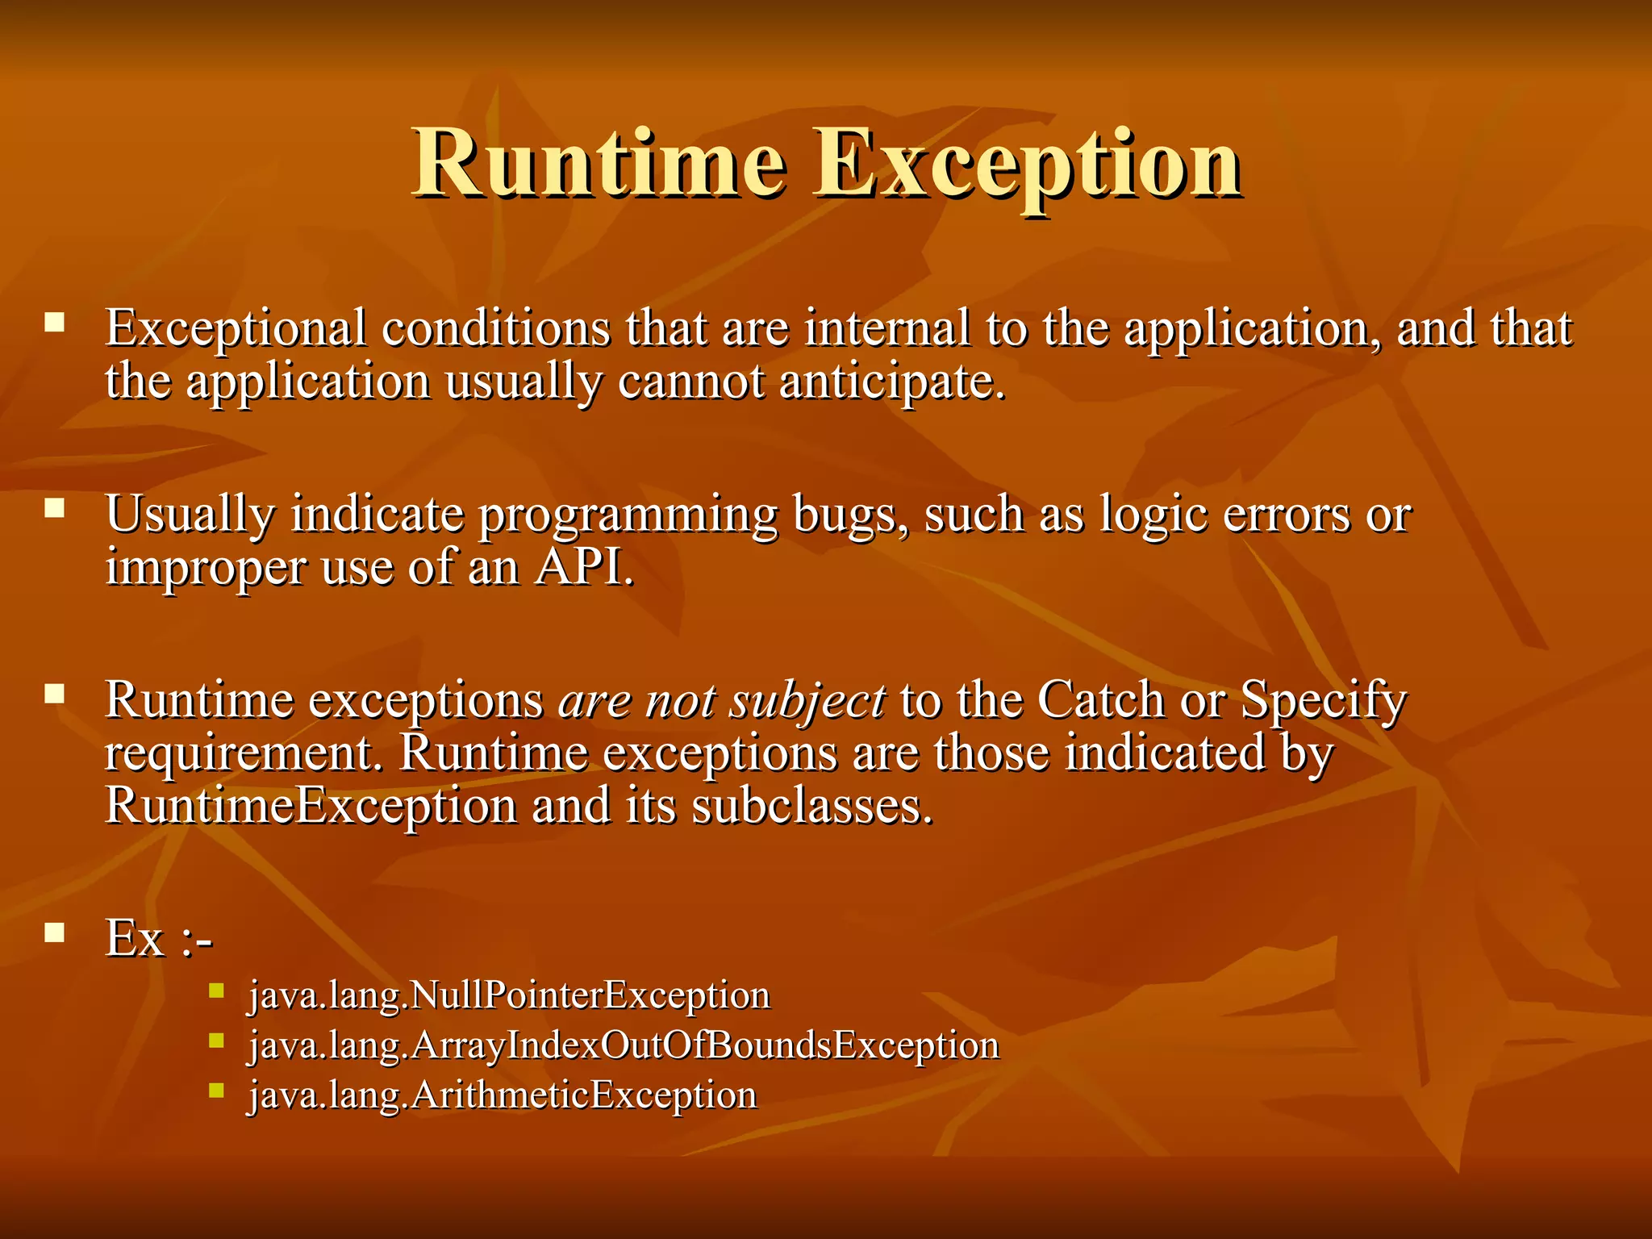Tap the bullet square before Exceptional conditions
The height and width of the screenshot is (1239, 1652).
pyautogui.click(x=55, y=323)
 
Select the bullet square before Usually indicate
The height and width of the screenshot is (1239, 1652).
pyautogui.click(x=55, y=508)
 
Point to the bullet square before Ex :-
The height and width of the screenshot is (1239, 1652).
pyautogui.click(x=55, y=933)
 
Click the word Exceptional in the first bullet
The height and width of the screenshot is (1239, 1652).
pyautogui.click(x=236, y=329)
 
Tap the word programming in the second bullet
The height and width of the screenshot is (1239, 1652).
pyautogui.click(x=628, y=515)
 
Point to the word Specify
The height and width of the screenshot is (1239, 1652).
pyautogui.click(x=1324, y=700)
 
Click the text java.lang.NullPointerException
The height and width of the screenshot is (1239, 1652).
pyautogui.click(x=509, y=995)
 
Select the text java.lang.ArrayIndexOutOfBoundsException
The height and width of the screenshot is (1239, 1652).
pyautogui.click(x=624, y=1045)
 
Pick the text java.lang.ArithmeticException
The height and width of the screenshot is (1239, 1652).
pyautogui.click(x=503, y=1095)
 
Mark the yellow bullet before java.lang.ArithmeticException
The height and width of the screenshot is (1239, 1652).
pyautogui.click(x=215, y=1091)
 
